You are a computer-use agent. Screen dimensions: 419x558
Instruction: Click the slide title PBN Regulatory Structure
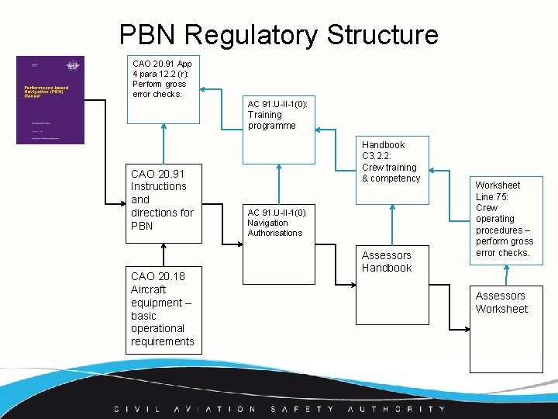[278, 35]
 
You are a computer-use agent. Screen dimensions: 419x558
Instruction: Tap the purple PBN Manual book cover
[50, 99]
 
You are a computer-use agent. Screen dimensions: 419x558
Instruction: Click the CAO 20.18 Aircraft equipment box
[164, 309]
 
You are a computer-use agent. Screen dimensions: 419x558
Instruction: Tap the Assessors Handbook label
[387, 261]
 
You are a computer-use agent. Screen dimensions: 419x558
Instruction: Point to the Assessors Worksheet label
[501, 302]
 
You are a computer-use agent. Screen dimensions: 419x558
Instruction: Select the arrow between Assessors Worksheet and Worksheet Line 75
[506, 275]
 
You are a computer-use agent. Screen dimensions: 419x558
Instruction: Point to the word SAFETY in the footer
[303, 409]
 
